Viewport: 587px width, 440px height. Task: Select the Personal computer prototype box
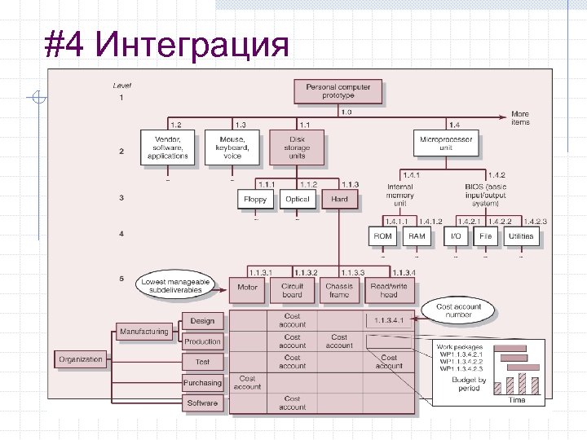tap(338, 91)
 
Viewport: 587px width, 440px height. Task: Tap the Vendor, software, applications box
tap(168, 147)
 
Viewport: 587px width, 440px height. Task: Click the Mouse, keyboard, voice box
tap(232, 147)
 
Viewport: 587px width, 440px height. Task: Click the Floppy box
tap(256, 199)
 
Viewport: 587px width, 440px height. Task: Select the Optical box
tap(298, 199)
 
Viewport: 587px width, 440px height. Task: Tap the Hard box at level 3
tap(339, 199)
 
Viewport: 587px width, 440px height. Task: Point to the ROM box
tap(382, 236)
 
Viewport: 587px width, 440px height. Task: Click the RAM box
tap(417, 236)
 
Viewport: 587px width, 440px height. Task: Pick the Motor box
tap(247, 288)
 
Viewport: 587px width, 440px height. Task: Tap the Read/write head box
tap(389, 290)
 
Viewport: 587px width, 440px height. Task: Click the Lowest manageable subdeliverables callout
tap(175, 285)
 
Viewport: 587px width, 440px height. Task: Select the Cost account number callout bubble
tap(459, 310)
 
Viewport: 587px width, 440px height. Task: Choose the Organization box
tap(81, 359)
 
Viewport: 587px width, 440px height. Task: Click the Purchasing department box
tap(202, 382)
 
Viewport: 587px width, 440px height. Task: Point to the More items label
tap(520, 118)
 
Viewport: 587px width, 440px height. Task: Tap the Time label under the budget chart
tap(517, 400)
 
